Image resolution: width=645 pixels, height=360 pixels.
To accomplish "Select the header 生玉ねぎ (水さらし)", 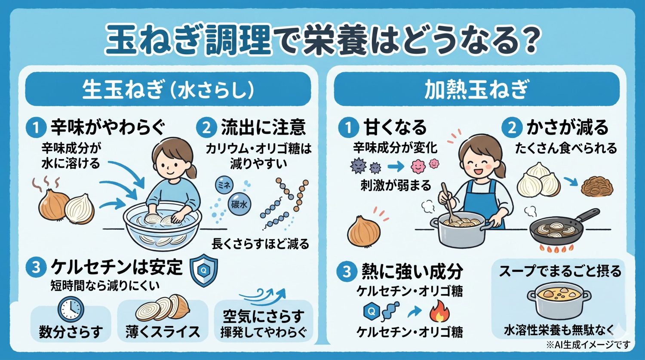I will (x=168, y=90).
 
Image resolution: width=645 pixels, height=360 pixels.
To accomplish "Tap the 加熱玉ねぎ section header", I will (x=476, y=90).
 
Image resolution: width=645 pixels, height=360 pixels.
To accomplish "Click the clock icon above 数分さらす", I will (x=71, y=309).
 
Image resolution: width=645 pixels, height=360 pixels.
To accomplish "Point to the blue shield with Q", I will (x=203, y=271).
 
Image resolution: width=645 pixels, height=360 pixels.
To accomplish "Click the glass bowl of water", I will (x=163, y=228).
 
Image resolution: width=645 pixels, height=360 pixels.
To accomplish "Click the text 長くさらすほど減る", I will (x=261, y=244).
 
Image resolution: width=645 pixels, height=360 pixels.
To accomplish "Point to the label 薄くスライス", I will (x=163, y=332).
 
